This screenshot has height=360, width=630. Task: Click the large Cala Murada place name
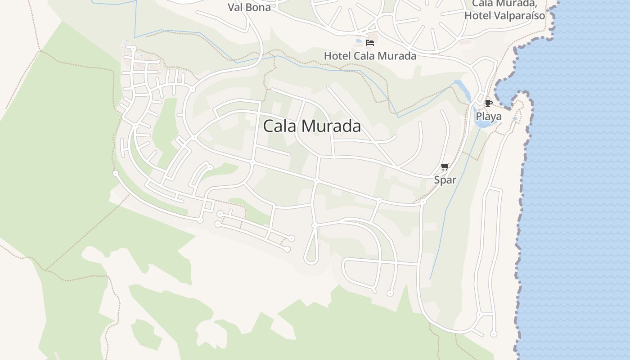click(x=311, y=126)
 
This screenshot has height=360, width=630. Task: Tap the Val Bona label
click(x=249, y=7)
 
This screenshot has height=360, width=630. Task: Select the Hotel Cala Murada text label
click(x=370, y=56)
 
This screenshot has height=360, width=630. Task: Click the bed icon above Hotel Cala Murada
click(x=370, y=43)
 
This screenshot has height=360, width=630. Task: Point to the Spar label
click(x=445, y=180)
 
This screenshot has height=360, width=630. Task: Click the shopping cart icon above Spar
click(x=445, y=167)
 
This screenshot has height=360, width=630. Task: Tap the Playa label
click(x=489, y=117)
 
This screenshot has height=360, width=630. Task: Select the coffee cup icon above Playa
click(x=489, y=103)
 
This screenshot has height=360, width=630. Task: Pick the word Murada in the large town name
click(x=335, y=126)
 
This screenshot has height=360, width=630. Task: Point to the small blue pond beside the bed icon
click(x=359, y=41)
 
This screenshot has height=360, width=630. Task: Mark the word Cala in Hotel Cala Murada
click(x=365, y=56)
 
